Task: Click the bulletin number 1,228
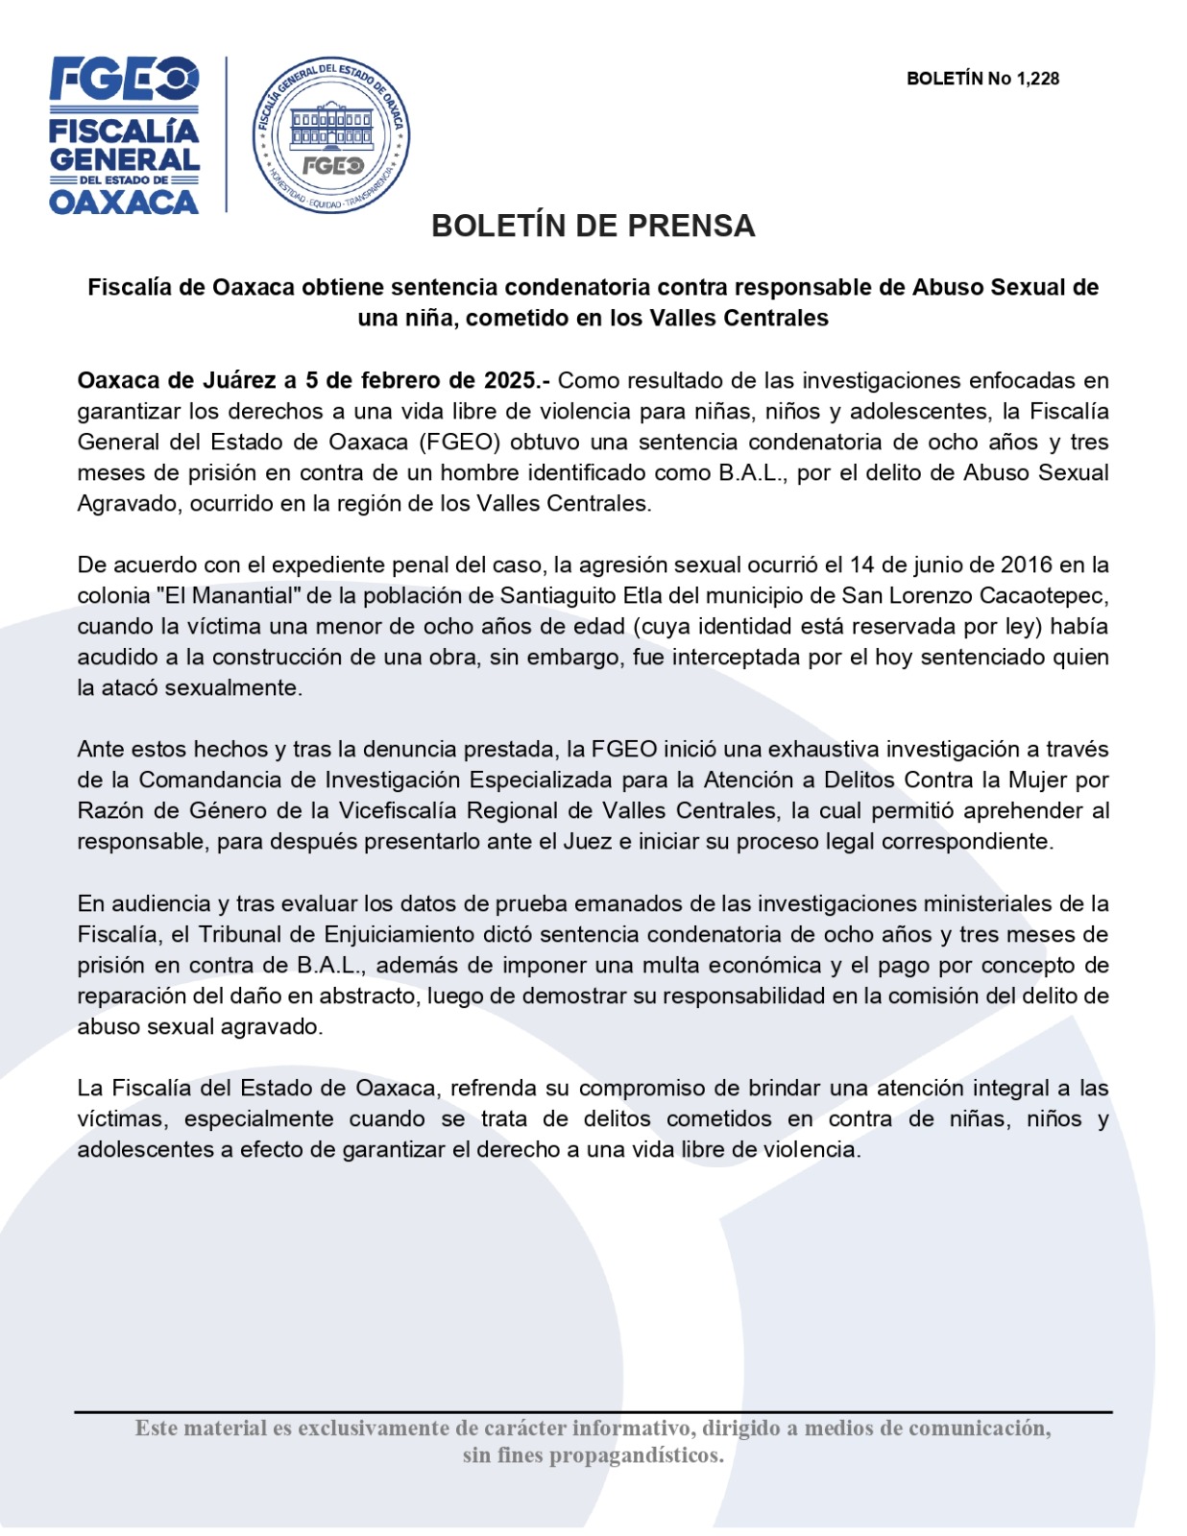click(1037, 79)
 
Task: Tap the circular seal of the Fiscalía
click(331, 134)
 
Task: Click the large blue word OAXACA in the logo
click(124, 202)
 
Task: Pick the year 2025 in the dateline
click(510, 380)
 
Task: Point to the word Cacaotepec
click(1043, 595)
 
